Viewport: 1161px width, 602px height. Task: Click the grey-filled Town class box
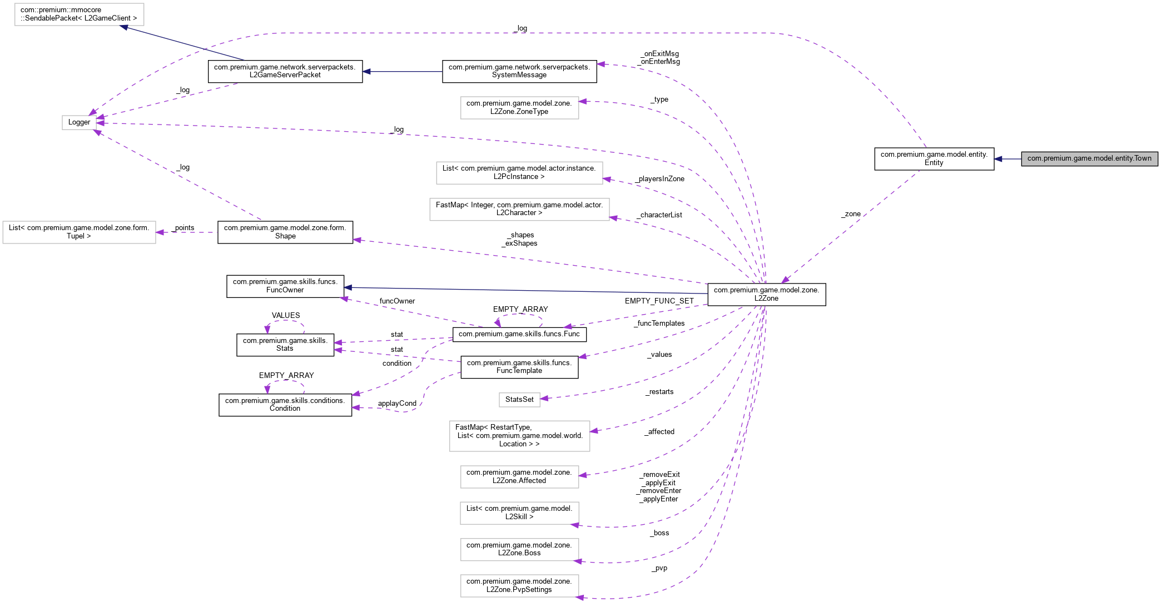[x=1089, y=158]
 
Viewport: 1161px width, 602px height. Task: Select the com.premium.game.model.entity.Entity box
[x=934, y=158]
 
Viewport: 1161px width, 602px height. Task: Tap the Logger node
[x=79, y=122]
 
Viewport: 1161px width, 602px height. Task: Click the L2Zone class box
[x=766, y=294]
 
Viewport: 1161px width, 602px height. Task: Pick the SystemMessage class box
[x=519, y=71]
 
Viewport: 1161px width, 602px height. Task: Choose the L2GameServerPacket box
[x=285, y=71]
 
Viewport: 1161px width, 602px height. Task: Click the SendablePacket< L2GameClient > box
[x=78, y=14]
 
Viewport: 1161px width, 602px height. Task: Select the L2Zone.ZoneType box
[x=519, y=107]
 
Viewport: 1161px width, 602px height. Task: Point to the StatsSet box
[x=519, y=399]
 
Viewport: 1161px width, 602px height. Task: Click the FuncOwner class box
[x=285, y=286]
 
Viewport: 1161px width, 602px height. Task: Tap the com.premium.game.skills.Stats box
[x=285, y=345]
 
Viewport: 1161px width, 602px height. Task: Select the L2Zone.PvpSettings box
[x=519, y=585]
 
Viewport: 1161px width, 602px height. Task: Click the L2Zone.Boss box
[x=519, y=549]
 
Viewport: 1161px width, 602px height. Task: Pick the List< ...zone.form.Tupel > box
[x=78, y=232]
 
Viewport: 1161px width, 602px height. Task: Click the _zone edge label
[x=851, y=214]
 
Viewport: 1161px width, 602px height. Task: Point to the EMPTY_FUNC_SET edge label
[x=659, y=301]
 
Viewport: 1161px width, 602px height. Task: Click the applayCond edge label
[x=397, y=404]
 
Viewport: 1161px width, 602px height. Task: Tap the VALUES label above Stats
[x=285, y=315]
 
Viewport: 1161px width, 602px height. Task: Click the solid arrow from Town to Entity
[x=1008, y=159]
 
